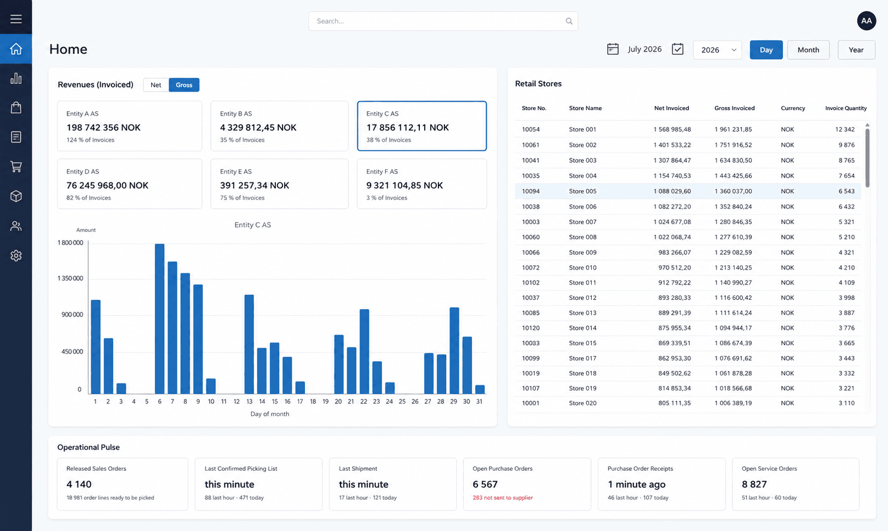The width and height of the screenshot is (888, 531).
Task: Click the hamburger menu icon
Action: coord(16,19)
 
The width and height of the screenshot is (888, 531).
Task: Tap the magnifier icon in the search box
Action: coord(569,21)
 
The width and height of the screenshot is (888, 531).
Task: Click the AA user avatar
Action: coord(867,21)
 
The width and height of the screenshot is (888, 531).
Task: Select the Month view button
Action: coord(808,50)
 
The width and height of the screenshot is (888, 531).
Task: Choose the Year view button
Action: coord(856,50)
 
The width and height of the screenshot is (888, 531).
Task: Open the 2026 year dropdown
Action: coord(717,50)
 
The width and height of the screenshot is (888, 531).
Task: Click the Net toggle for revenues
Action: coord(156,84)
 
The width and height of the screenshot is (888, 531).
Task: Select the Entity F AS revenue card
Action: coord(422,184)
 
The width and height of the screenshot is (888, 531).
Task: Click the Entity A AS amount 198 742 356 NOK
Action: coord(103,127)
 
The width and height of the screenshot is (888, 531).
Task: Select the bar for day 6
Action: coord(160,319)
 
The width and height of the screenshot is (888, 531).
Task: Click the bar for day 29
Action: coord(454,350)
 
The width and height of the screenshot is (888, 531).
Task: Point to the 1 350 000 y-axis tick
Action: coord(71,278)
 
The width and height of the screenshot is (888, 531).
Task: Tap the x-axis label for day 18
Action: coord(313,401)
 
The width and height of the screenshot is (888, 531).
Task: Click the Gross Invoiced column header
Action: coord(735,108)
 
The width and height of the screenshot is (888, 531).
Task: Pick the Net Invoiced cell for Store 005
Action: coord(672,191)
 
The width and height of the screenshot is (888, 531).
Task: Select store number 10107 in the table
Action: coord(531,388)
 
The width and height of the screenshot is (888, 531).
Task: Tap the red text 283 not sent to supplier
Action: coord(503,498)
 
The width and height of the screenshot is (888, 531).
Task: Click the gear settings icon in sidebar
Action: coord(16,255)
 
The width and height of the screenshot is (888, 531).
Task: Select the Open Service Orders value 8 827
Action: coord(754,484)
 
